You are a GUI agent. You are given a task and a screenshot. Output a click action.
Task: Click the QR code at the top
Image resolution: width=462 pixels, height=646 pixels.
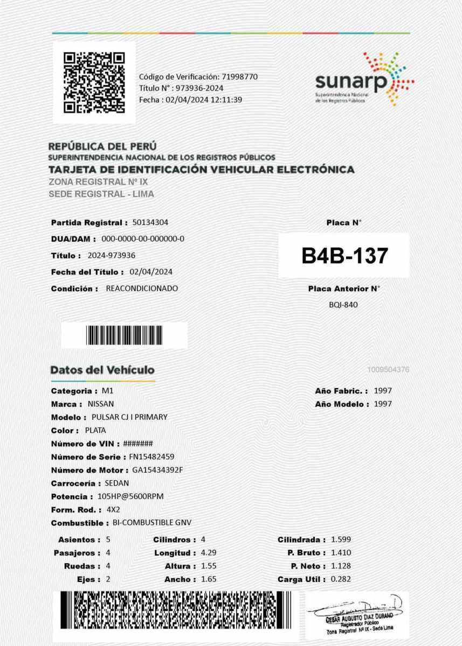(94, 82)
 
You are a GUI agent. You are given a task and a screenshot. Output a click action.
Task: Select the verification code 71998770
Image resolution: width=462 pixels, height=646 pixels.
(239, 76)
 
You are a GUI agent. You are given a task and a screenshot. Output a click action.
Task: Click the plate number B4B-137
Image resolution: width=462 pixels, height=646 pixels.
(344, 255)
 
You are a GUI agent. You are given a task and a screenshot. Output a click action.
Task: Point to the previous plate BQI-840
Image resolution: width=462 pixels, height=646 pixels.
(343, 305)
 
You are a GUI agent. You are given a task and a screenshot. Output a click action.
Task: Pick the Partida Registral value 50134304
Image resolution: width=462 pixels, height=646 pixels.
(154, 222)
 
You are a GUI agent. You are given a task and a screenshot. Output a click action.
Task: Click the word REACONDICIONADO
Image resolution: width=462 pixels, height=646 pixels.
(142, 288)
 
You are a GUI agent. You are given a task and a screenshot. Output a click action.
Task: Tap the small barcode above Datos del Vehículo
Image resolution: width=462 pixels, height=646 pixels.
(125, 335)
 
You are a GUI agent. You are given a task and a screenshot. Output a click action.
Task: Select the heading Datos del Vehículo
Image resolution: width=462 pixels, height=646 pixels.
(102, 370)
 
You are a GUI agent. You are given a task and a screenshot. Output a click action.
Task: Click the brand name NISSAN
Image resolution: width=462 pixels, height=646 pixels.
(101, 404)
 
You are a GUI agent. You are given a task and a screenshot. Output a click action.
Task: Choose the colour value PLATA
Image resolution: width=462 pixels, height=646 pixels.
(95, 430)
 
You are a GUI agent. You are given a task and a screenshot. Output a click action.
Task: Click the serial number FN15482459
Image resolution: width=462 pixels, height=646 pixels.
(151, 457)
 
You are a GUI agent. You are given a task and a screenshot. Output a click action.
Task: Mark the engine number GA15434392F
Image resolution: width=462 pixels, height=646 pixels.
(158, 470)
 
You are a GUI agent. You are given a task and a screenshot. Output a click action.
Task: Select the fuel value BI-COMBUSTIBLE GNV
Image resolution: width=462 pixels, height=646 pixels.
(152, 523)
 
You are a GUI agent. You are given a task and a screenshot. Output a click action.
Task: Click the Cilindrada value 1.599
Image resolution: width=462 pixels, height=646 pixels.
(341, 539)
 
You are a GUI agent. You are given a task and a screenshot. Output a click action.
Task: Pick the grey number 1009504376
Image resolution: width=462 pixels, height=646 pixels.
(388, 370)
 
